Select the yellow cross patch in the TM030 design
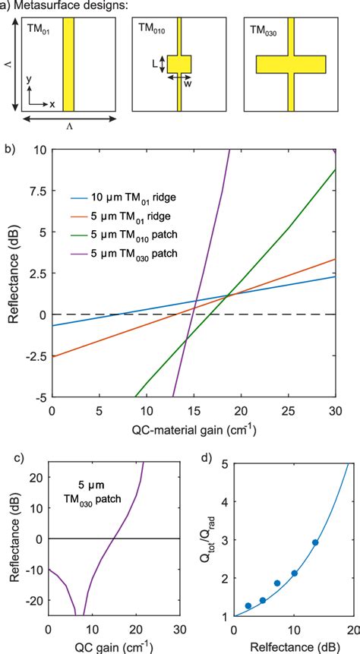point(290,64)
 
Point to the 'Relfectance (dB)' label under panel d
point(289,647)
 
